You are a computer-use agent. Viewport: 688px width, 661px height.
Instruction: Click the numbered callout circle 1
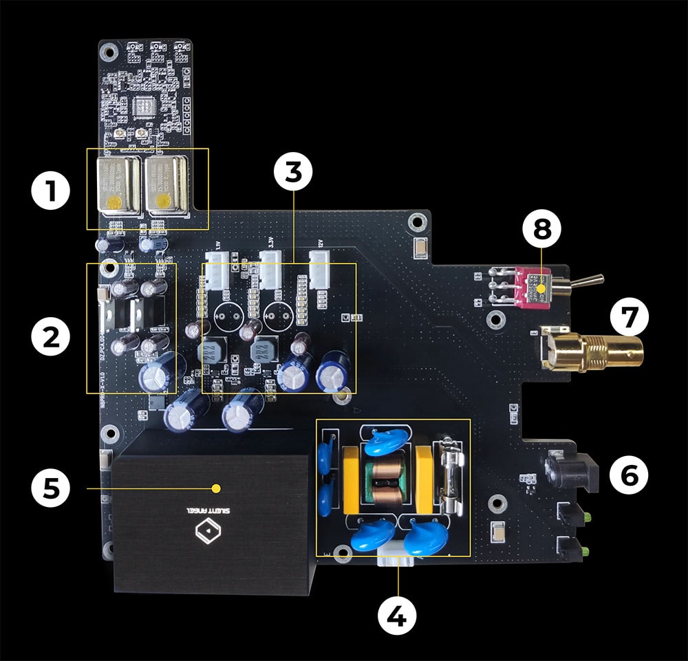(52, 194)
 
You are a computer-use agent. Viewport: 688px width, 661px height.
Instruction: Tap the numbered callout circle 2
(52, 336)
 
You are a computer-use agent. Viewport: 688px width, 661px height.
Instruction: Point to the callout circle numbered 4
(397, 615)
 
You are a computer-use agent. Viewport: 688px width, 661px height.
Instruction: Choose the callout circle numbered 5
(52, 488)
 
